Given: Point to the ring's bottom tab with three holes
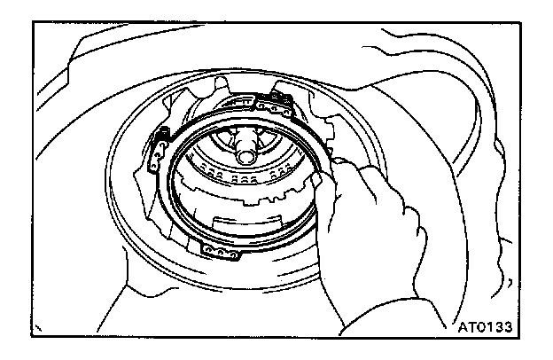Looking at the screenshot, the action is (220, 254).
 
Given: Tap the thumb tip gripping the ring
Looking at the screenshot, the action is (316, 182).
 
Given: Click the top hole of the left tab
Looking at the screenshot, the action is (162, 136).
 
